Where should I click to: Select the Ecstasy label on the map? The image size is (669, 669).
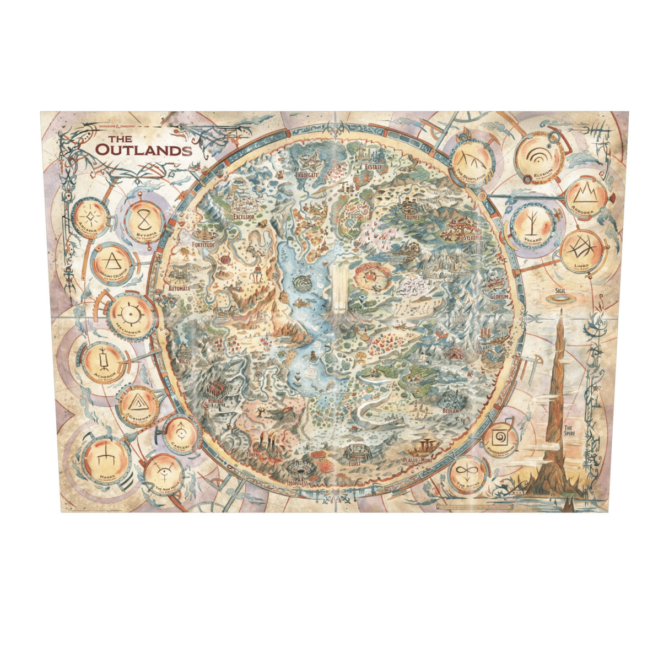[x=377, y=168]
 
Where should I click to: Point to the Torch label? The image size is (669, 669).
[x=252, y=455]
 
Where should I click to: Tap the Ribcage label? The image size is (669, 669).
[x=217, y=402]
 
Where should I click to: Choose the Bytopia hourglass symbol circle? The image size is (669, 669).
[x=143, y=220]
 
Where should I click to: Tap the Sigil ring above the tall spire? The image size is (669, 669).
[x=561, y=298]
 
